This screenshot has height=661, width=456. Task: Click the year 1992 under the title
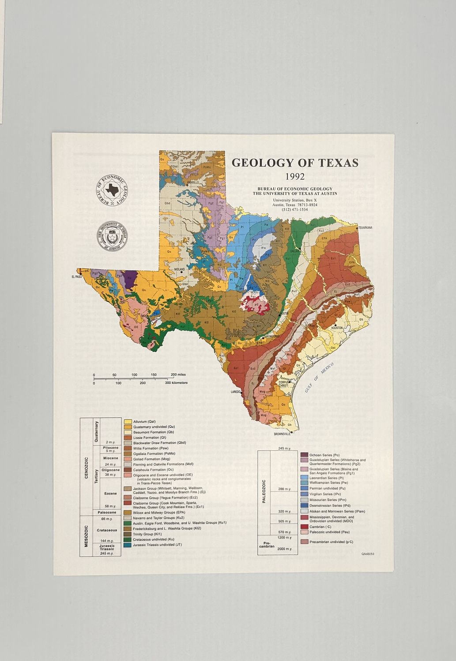[x=294, y=177]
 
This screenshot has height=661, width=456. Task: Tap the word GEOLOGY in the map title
[x=257, y=163]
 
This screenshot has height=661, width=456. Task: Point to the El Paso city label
[x=77, y=277]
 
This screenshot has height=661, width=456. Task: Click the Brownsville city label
[x=282, y=434]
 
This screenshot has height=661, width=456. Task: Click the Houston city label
[x=337, y=328]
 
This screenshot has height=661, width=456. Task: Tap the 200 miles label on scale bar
[x=178, y=375]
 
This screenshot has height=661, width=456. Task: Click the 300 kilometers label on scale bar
[x=177, y=383]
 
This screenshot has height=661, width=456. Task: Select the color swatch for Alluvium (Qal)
[x=128, y=422]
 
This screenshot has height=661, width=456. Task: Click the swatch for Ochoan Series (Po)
[x=304, y=454]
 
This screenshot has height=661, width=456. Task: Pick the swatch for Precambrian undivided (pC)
[x=304, y=542]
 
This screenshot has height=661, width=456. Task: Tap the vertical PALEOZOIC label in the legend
[x=264, y=491]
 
